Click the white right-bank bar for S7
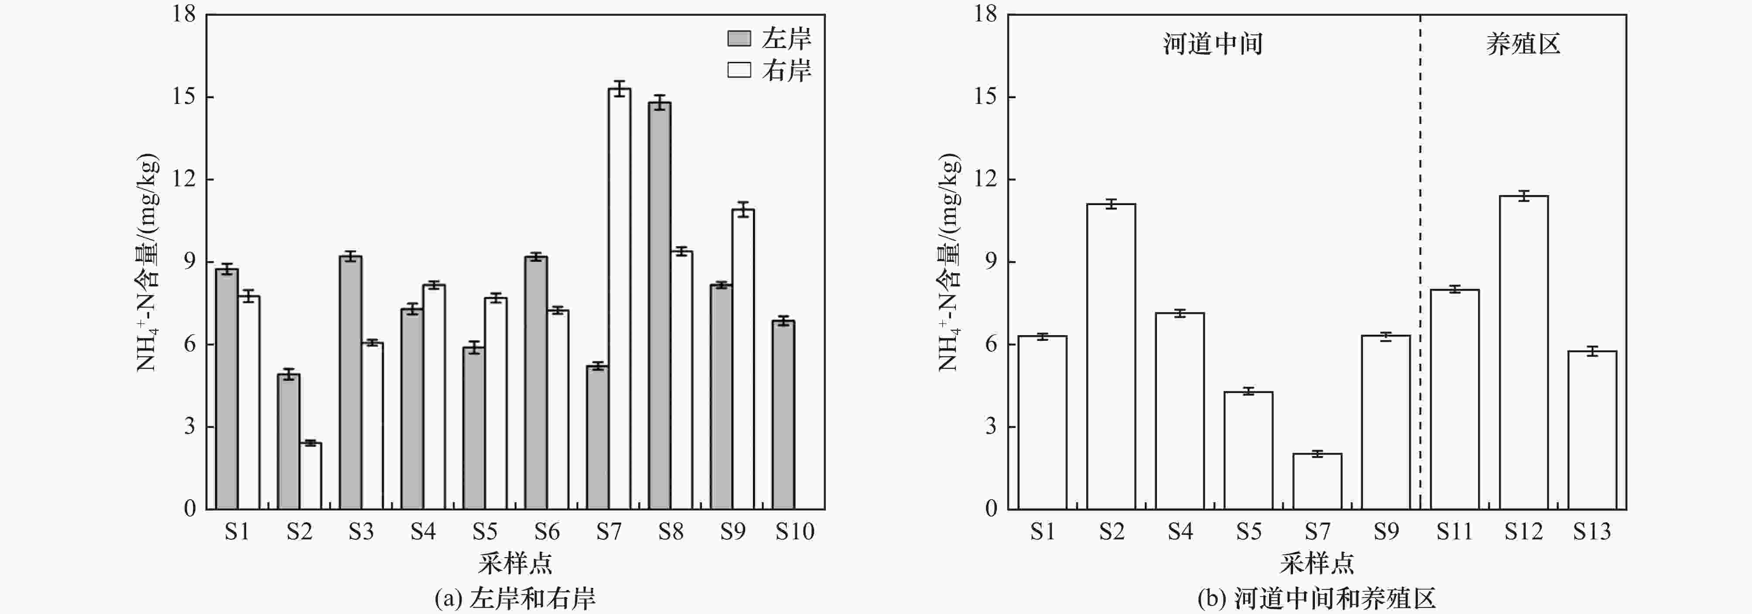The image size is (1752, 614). point(619,299)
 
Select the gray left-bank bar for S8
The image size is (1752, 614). point(659,306)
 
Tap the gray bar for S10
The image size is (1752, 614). point(783,415)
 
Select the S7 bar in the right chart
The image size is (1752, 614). point(1317,481)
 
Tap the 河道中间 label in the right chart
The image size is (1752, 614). point(1213,44)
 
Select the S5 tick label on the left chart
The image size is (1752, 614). point(485,531)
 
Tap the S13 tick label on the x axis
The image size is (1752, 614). point(1591,531)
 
